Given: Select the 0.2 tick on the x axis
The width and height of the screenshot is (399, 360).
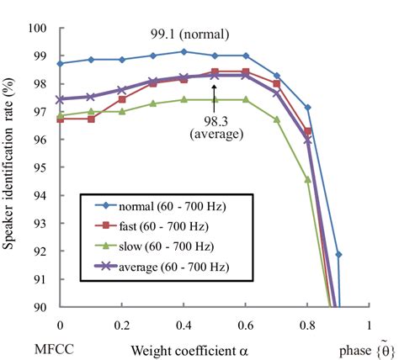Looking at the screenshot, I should (x=121, y=323).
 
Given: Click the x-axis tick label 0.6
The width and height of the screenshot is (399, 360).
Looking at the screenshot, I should (x=245, y=323).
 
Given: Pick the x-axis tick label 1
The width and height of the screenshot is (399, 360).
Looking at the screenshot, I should (x=369, y=323).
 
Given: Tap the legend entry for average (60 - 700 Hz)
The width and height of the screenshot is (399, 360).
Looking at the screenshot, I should (x=152, y=268).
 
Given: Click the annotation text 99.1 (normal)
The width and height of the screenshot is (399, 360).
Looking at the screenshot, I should (x=184, y=36).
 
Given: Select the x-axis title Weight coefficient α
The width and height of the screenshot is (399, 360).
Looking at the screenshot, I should (x=191, y=346).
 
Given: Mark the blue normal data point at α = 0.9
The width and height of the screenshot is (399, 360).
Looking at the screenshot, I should (x=338, y=254).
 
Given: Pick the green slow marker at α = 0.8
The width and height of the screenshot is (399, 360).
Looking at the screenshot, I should (x=307, y=179).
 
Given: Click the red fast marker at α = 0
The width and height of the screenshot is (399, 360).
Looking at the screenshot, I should (x=60, y=119).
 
